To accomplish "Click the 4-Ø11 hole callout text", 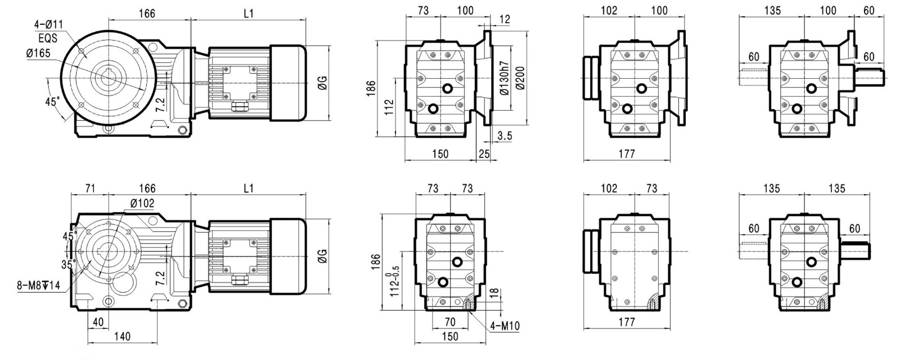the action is [x=48, y=25].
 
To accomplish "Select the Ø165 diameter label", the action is [x=39, y=53].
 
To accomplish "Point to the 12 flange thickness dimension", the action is [x=505, y=19].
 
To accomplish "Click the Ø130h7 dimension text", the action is [x=505, y=78].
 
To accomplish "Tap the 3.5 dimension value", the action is [x=505, y=136].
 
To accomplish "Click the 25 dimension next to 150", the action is [x=484, y=154].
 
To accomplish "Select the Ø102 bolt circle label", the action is [x=142, y=203].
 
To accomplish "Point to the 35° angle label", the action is [x=68, y=264].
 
